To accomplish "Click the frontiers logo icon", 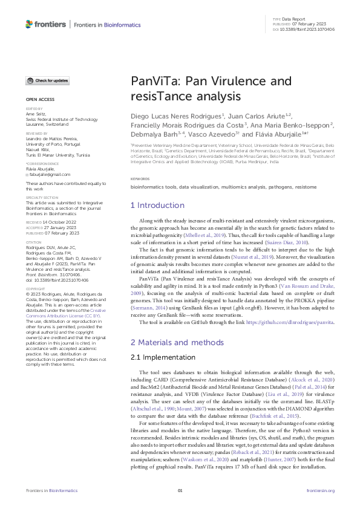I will [x=29, y=24].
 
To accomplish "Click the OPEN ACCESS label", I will [x=39, y=99].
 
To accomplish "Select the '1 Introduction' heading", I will [x=158, y=206].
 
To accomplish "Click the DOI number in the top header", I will [x=307, y=29].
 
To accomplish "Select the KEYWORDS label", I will [x=140, y=180].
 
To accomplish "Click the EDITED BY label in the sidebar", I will [x=34, y=108].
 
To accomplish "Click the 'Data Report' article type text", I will [x=295, y=19].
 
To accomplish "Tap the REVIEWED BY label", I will [x=36, y=132].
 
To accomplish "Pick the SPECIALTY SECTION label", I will [x=41, y=197].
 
